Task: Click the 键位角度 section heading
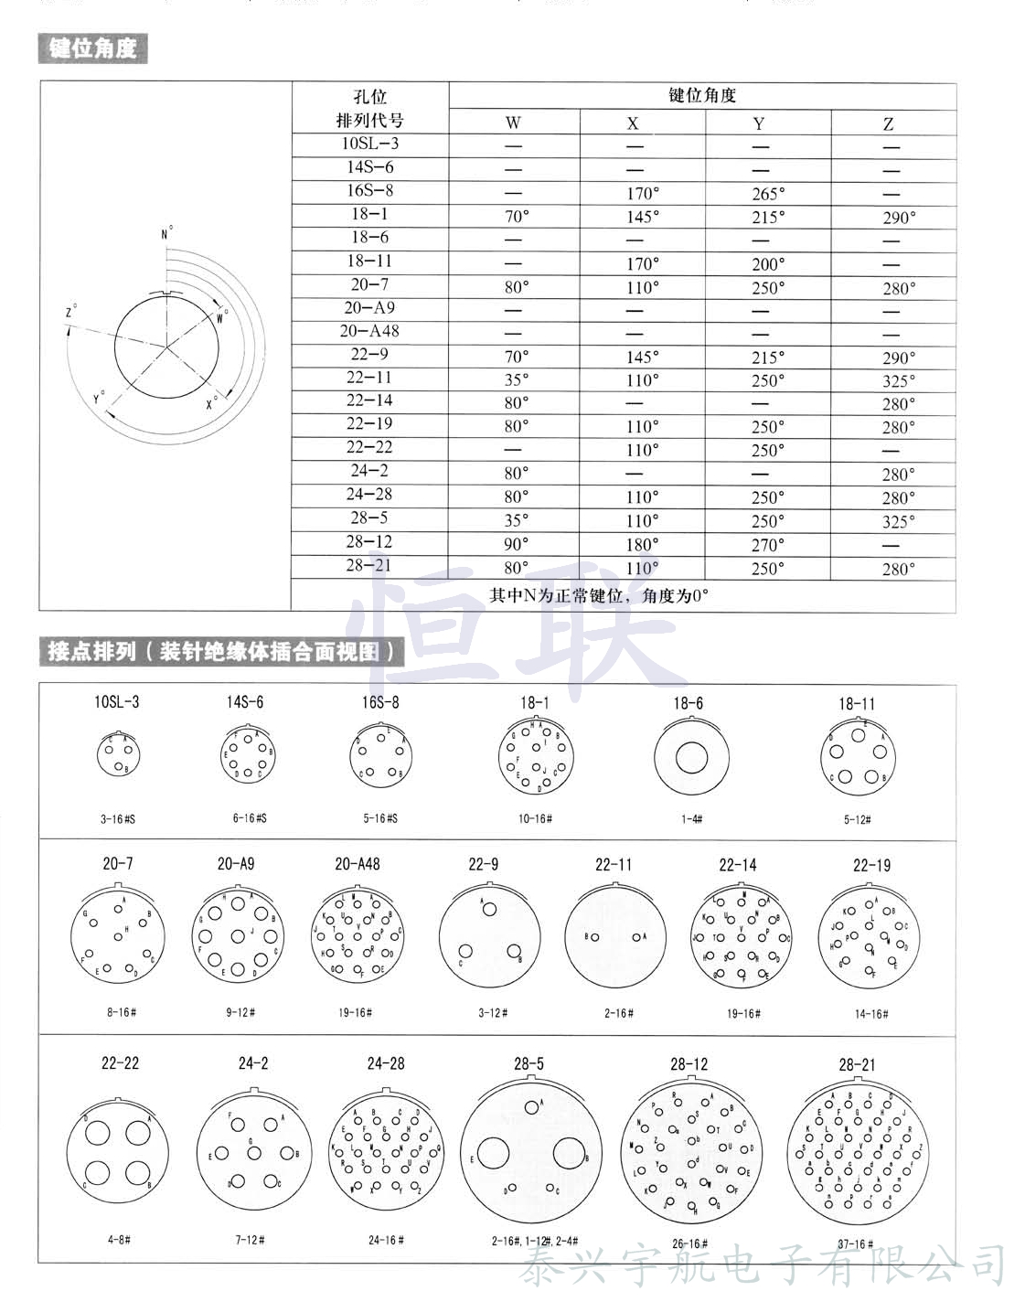tap(92, 48)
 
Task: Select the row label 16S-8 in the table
tap(370, 190)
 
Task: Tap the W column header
tap(513, 123)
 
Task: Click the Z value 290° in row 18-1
tap(898, 218)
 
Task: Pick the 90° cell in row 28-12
tap(516, 544)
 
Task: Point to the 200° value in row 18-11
tap(767, 264)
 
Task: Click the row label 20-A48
tap(370, 331)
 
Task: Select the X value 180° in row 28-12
tap(642, 544)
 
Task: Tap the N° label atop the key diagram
tap(166, 234)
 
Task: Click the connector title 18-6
tap(688, 703)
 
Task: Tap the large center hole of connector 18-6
tap(691, 759)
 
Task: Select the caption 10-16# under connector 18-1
tap(535, 818)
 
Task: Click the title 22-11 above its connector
tap(614, 864)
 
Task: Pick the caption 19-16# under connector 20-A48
tap(355, 1012)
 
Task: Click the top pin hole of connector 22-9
tap(490, 909)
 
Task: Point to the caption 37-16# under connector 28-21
tap(856, 1243)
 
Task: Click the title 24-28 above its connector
tap(386, 1063)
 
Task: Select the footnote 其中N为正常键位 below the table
tap(599, 595)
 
